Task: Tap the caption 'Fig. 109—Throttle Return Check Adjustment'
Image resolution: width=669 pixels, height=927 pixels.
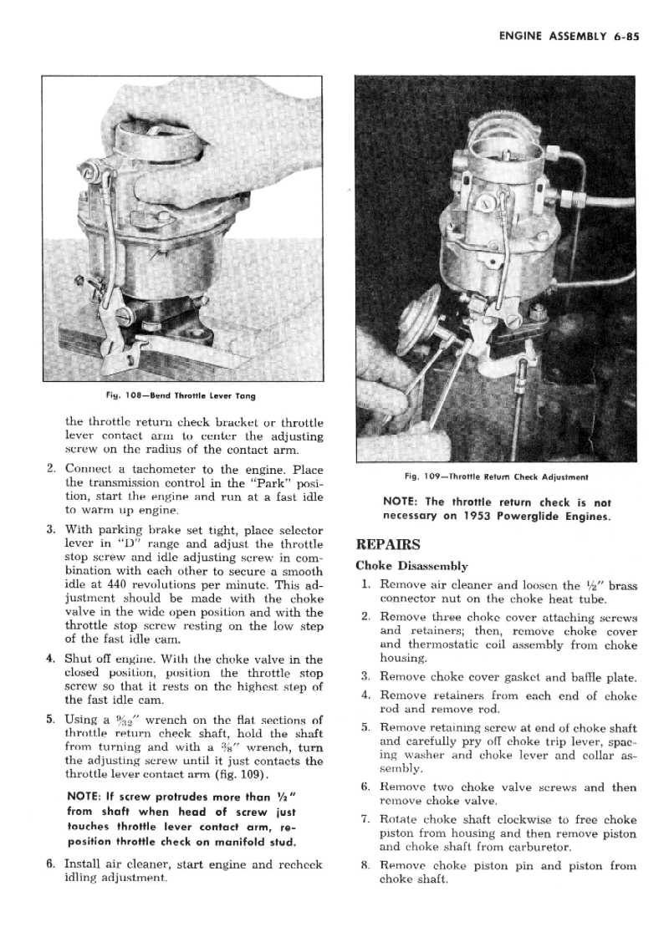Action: click(496, 477)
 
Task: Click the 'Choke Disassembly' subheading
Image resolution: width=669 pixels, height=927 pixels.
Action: click(411, 566)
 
